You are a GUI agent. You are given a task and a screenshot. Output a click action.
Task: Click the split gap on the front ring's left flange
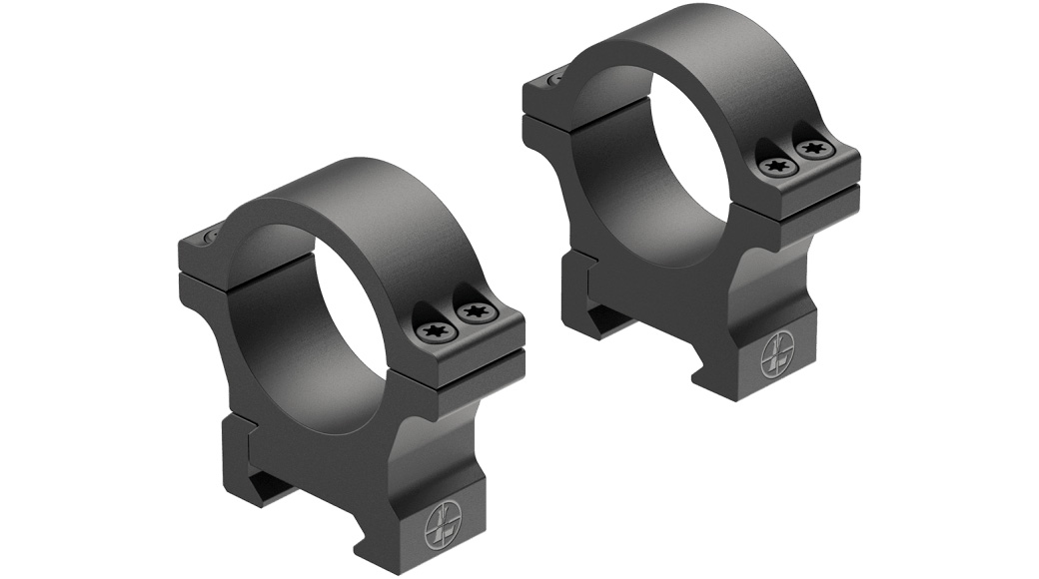[x=215, y=270]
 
